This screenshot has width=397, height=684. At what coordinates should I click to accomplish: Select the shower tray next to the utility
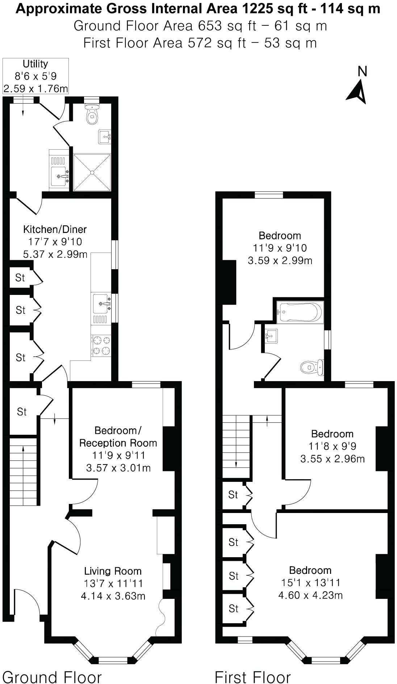click(92, 172)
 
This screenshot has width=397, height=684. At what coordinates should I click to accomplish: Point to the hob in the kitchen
click(101, 346)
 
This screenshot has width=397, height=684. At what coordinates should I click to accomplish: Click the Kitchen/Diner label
click(55, 229)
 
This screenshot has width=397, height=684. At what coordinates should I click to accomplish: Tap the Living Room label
click(113, 571)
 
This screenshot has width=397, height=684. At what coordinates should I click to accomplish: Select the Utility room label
click(35, 64)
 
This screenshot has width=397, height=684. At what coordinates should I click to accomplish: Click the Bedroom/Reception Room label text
click(118, 437)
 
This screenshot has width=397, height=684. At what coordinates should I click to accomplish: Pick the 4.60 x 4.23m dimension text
click(310, 595)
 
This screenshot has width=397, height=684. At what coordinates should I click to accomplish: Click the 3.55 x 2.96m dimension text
click(332, 459)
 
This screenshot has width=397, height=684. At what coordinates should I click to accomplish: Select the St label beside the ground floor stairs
click(22, 412)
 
